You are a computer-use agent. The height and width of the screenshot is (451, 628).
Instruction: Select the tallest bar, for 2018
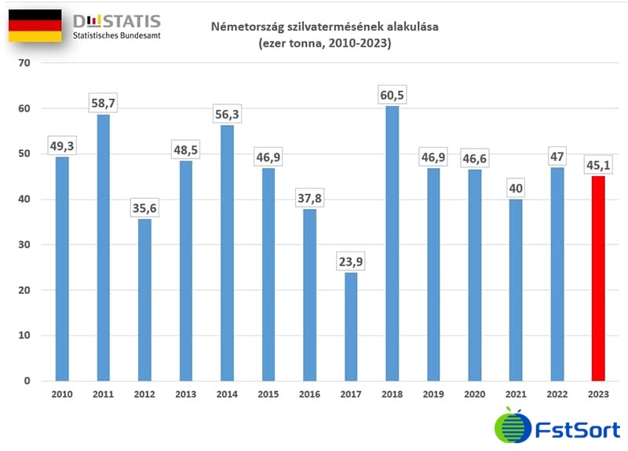click(392, 244)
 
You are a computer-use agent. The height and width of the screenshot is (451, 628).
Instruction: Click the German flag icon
click(35, 26)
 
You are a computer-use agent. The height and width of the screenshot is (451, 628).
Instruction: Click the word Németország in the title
click(246, 27)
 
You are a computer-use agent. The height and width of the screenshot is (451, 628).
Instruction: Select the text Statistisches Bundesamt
click(116, 36)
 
